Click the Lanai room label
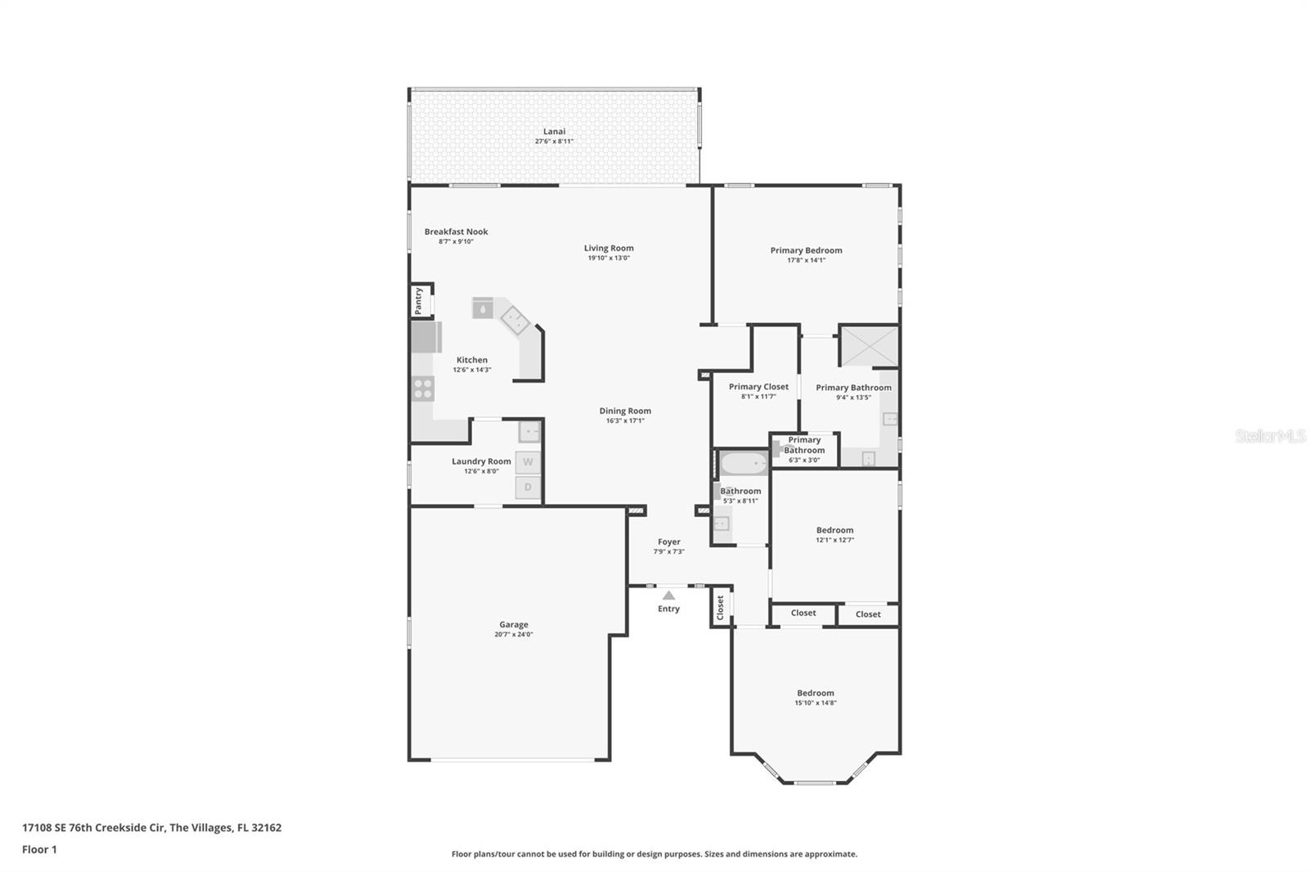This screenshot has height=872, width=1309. (554, 132)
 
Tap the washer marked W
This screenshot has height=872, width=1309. (528, 462)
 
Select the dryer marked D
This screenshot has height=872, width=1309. (528, 488)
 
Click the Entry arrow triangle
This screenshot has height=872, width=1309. (668, 596)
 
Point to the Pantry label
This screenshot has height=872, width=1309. (418, 300)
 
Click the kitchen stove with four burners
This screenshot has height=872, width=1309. (423, 389)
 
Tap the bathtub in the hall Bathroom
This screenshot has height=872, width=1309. (743, 464)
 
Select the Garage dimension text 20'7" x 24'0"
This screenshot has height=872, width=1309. (513, 635)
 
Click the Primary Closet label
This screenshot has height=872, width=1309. (758, 387)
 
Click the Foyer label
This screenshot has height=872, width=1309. (668, 542)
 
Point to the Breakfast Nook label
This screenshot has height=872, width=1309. (456, 231)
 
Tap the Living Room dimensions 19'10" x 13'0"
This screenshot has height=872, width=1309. (609, 258)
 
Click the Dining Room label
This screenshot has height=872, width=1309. (625, 411)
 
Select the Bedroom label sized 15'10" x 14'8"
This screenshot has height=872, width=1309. (815, 693)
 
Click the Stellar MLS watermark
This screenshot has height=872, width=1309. (1270, 437)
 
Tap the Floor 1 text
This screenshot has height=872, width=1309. (39, 850)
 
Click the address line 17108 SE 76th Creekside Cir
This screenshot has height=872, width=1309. (151, 828)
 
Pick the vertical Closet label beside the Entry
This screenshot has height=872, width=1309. (721, 608)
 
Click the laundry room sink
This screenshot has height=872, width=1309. (530, 432)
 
